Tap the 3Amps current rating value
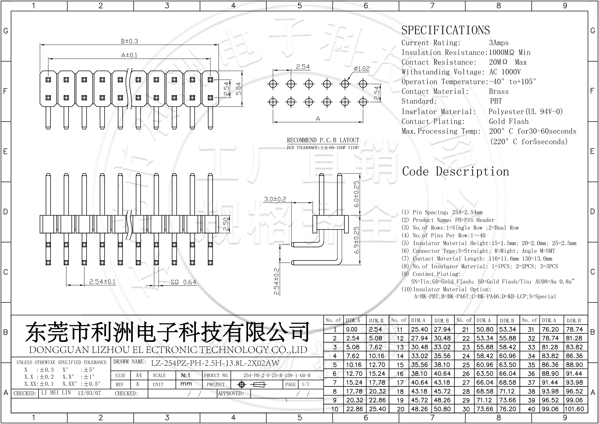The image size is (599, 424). click(499, 43)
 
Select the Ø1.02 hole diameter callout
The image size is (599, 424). click(362, 69)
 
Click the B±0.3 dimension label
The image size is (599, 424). click(129, 41)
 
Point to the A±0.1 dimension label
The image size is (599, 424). click(129, 55)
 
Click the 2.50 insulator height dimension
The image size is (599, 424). click(226, 224)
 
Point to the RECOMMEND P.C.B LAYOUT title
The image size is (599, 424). click(323, 140)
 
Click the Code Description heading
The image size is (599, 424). click(456, 171)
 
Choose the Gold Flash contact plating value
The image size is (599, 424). click(509, 121)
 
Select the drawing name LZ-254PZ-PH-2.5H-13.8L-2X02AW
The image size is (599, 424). click(215, 363)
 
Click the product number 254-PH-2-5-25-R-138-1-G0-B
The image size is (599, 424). click(277, 375)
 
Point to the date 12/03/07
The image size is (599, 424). click(89, 393)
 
